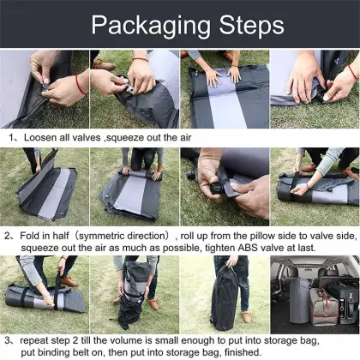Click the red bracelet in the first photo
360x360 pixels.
pos(79,83)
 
